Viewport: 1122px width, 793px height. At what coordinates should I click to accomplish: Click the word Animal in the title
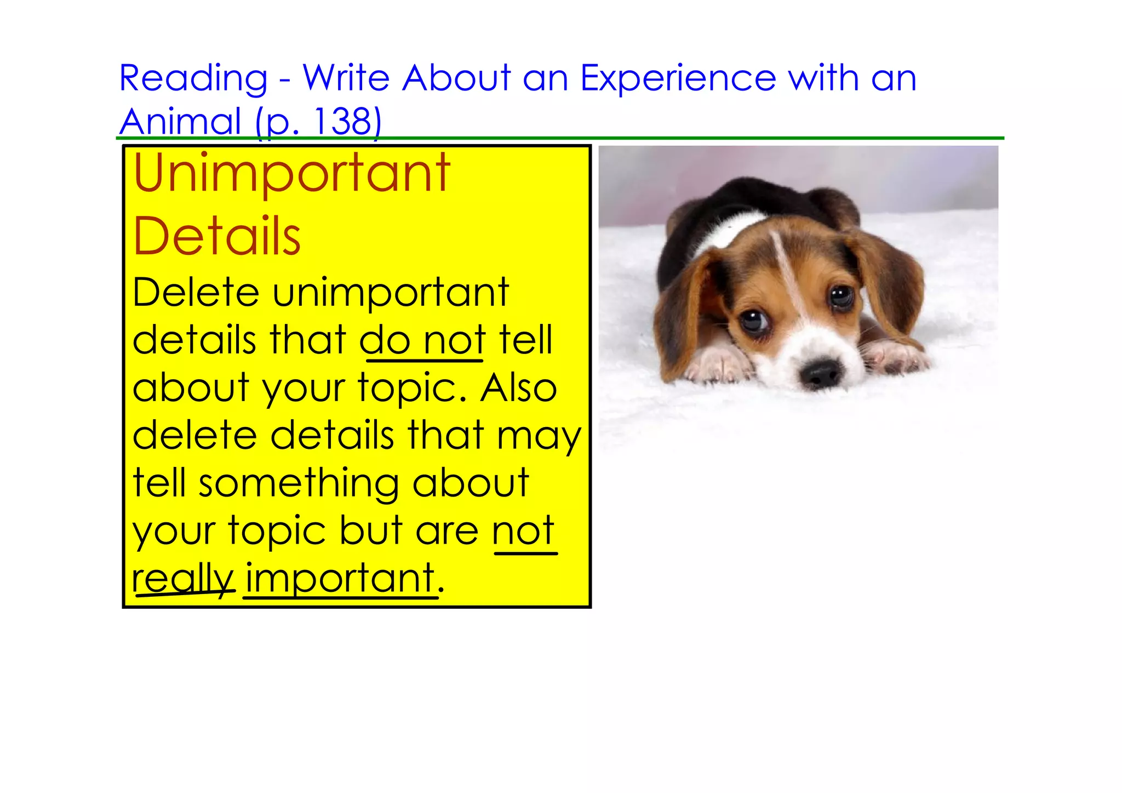pos(180,122)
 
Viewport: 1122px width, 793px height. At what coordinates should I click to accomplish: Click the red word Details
pos(217,237)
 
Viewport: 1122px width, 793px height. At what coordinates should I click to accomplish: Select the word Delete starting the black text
pos(196,293)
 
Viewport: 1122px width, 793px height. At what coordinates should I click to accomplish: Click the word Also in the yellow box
pos(518,388)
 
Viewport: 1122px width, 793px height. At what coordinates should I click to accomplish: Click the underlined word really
pos(183,580)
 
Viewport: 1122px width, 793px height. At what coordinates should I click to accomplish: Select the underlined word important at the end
pos(340,579)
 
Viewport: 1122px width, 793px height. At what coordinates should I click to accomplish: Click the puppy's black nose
pos(820,374)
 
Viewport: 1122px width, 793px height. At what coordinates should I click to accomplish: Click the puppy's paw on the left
pos(718,364)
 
